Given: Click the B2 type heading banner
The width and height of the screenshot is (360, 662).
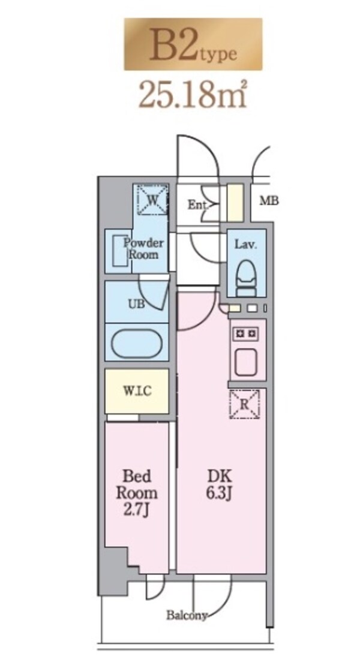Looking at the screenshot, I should click(193, 45).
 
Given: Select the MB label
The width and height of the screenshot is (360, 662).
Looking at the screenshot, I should click(268, 201).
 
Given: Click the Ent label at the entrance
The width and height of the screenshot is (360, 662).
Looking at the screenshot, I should click(196, 205).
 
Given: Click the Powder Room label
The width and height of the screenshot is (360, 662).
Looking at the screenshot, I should click(143, 249).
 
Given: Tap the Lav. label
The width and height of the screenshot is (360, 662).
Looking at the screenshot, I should click(245, 245).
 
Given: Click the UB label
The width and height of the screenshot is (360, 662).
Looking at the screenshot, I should click(136, 303).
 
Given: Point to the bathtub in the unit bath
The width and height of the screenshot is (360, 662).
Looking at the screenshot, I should click(137, 345).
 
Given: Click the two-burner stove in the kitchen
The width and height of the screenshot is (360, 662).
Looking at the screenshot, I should click(247, 332).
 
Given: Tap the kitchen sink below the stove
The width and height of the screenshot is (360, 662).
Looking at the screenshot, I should click(247, 362).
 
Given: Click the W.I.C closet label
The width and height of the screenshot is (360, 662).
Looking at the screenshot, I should click(137, 391).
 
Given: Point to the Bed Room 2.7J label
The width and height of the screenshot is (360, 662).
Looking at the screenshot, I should click(137, 493).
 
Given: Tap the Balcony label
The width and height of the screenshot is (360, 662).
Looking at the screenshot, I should click(187, 615).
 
